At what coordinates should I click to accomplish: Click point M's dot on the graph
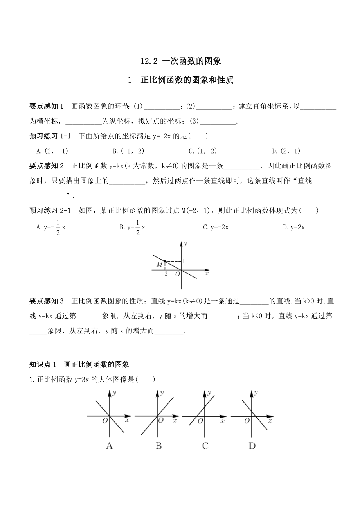(165, 261)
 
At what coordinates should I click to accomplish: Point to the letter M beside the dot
(159, 265)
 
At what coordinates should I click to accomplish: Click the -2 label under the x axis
(164, 274)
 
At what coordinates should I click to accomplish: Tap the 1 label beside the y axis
(184, 261)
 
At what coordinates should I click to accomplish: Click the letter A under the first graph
(110, 446)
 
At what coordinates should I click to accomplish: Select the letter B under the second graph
(158, 446)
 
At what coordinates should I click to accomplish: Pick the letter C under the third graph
(205, 446)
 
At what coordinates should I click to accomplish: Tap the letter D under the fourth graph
(252, 446)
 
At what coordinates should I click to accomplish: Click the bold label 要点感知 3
(47, 301)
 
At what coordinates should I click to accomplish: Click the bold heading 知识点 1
(43, 364)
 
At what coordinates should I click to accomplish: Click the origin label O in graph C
(200, 421)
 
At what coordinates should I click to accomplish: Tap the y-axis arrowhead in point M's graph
(181, 244)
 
